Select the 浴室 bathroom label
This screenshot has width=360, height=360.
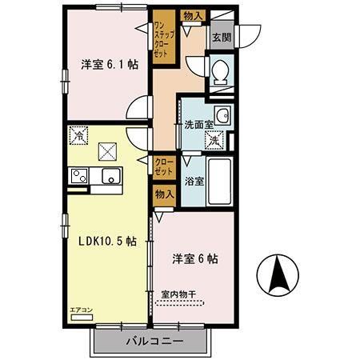coord(194,181)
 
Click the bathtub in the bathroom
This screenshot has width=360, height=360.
coord(222,182)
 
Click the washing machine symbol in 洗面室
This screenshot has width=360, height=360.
coord(214,140)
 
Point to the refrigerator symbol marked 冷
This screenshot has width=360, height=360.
coord(78,137)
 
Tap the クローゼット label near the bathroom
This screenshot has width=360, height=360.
coord(163,166)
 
